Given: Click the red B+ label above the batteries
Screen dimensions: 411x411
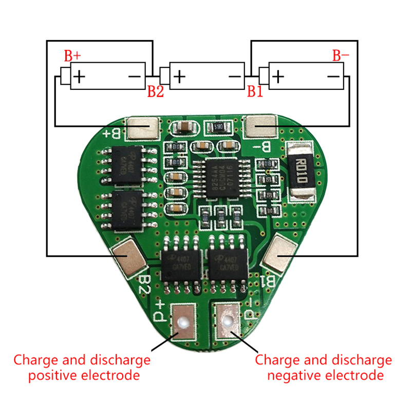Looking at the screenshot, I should click(72, 55).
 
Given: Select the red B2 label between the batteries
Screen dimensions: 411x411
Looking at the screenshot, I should click(156, 92).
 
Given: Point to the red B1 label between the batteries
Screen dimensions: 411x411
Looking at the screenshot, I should click(255, 92).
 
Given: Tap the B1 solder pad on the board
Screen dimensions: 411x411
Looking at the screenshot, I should click(280, 253).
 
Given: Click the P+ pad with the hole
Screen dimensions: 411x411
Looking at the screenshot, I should click(181, 321).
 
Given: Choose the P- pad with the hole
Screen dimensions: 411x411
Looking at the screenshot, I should click(226, 321).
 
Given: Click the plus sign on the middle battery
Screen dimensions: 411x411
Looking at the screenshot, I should click(179, 77).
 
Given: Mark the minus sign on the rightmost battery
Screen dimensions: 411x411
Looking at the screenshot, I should click(333, 77).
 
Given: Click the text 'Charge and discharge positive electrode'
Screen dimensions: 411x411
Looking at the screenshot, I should click(82, 367).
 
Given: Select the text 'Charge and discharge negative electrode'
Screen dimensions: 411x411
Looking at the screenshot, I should click(323, 367).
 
